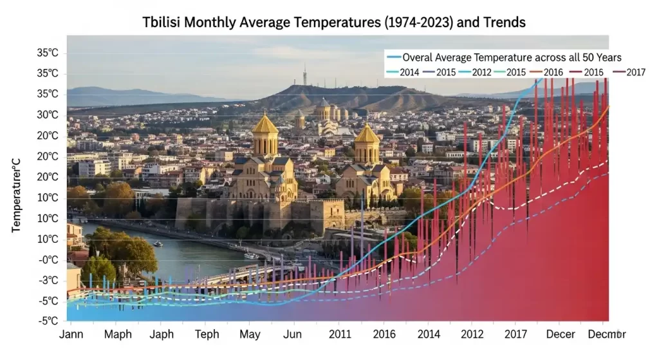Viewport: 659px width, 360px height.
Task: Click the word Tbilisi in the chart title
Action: click(163, 23)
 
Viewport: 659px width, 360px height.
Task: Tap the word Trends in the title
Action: click(501, 23)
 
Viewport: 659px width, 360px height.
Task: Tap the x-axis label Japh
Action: click(162, 334)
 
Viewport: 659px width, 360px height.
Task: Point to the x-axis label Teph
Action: click(207, 334)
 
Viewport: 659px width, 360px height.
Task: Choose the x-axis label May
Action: click(250, 334)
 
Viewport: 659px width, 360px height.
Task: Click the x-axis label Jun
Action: click(292, 334)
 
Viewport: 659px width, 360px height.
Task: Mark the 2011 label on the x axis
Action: click(340, 334)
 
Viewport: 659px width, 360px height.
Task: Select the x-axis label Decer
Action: click(561, 334)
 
